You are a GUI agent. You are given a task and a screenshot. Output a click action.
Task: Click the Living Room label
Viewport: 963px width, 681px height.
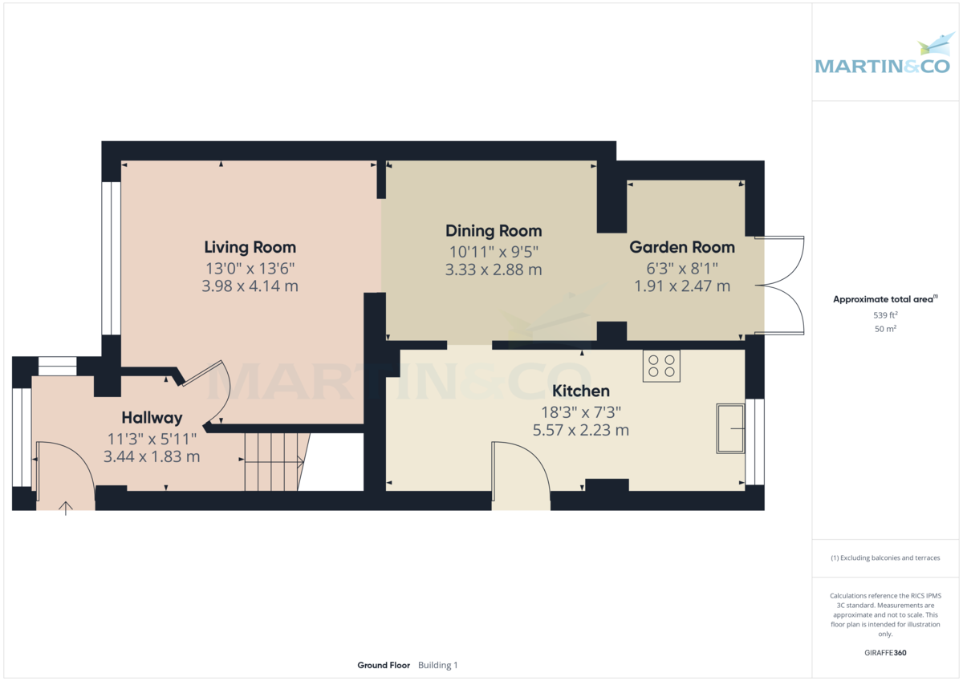coord(250,247)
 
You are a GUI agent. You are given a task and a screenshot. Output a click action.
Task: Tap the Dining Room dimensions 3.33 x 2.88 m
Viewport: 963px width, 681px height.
coord(494,270)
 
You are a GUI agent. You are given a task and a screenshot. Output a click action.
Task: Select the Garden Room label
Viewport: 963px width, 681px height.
coord(681,247)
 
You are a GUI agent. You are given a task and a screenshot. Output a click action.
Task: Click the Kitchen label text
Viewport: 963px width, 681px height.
coord(581,391)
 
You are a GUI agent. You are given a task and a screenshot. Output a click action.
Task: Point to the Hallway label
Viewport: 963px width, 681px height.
coord(152,418)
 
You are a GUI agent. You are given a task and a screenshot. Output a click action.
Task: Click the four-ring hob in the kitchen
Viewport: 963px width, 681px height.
coord(661,366)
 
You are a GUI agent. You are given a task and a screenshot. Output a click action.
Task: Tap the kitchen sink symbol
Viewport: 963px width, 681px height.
coord(730,429)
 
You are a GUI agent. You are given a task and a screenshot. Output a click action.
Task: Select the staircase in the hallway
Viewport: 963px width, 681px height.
coord(273,461)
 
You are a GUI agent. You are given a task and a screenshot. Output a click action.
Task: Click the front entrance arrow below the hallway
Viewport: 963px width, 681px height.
coord(66,508)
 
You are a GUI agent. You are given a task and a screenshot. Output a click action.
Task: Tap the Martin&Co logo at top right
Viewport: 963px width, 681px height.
coord(884,56)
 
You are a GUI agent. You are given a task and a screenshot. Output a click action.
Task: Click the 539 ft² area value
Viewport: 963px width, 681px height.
coord(885,315)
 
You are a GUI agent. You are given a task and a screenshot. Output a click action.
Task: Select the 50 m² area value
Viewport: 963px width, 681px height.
coord(885,329)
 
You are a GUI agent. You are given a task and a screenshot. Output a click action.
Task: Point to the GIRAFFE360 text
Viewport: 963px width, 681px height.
coord(885,653)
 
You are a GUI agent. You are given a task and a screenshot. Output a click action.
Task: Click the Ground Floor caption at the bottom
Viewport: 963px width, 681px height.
coord(384,665)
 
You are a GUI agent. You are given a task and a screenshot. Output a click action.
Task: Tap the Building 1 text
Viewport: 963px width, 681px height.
coord(438,665)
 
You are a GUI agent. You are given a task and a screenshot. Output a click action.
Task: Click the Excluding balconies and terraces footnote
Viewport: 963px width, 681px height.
coord(885,557)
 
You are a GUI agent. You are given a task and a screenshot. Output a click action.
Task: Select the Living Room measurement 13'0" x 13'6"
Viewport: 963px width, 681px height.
coord(250,268)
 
